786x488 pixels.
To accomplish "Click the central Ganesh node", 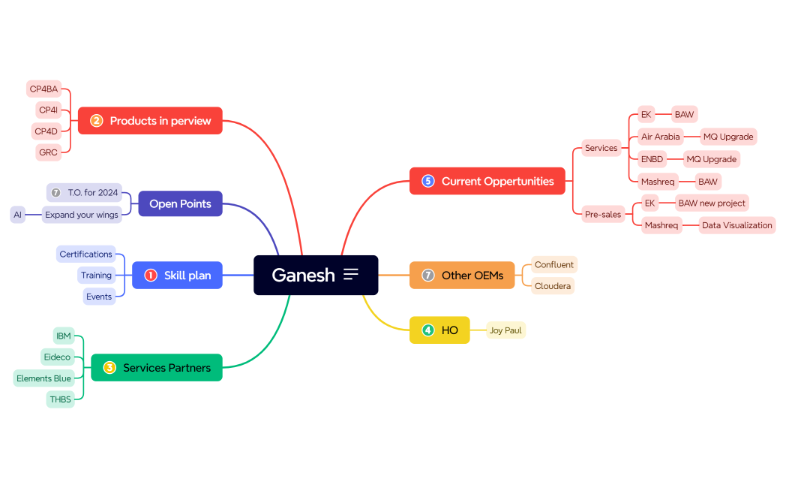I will pyautogui.click(x=315, y=275).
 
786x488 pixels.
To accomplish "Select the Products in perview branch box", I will pyautogui.click(x=151, y=121).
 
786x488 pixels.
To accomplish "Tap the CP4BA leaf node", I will pyautogui.click(x=43, y=89).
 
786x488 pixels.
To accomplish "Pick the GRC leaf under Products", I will pyautogui.click(x=48, y=152).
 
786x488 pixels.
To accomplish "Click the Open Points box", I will pyautogui.click(x=180, y=203).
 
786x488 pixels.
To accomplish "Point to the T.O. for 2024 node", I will pyautogui.click(x=85, y=193).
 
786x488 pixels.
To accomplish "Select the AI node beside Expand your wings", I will pyautogui.click(x=17, y=215).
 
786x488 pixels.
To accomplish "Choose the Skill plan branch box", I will pyautogui.click(x=178, y=276).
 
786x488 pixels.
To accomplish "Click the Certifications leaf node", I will pyautogui.click(x=85, y=255).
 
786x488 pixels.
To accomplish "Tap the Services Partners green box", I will pyautogui.click(x=157, y=368).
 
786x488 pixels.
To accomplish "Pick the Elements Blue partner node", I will pyautogui.click(x=43, y=378).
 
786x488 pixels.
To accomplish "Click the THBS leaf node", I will pyautogui.click(x=61, y=399).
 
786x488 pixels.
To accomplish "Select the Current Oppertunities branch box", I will pyautogui.click(x=487, y=181).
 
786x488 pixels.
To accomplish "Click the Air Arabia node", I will pyautogui.click(x=661, y=137).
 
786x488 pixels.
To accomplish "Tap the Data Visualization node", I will pyautogui.click(x=736, y=225).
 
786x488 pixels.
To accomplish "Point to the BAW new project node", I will pyautogui.click(x=712, y=203).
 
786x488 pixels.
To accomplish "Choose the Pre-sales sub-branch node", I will pyautogui.click(x=603, y=215).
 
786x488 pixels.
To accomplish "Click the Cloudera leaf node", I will pyautogui.click(x=553, y=286).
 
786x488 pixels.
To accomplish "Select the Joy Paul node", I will pyautogui.click(x=505, y=330).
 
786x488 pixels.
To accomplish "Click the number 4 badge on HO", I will pyautogui.click(x=428, y=330).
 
